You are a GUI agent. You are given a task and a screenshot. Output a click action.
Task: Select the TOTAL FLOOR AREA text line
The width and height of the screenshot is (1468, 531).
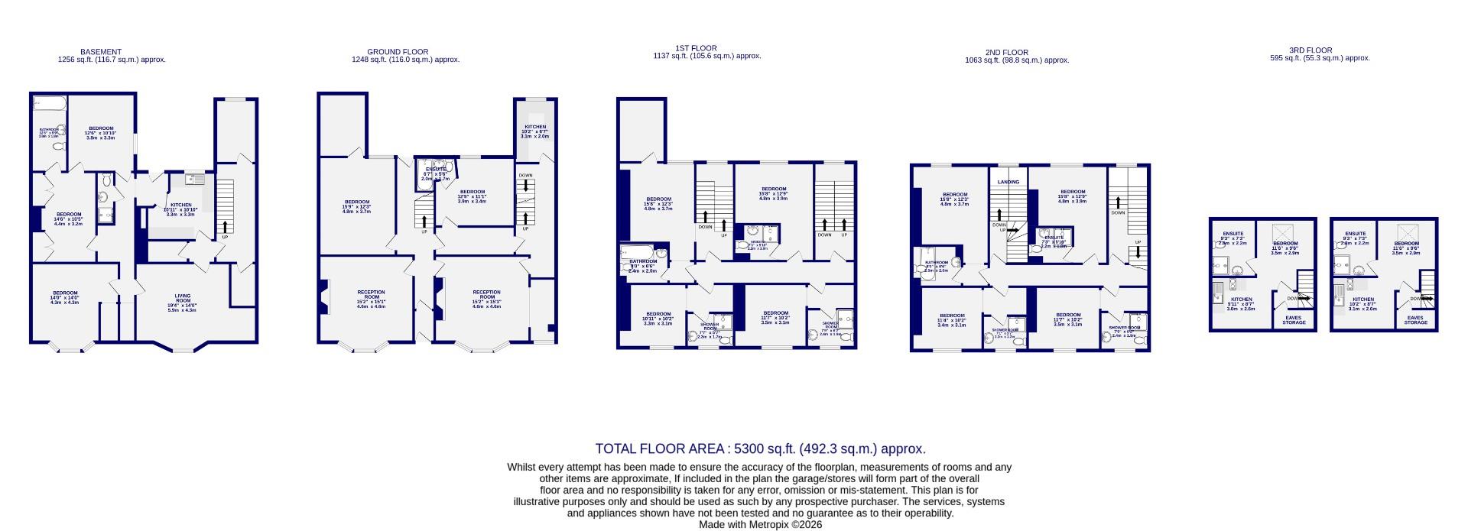click(760, 449)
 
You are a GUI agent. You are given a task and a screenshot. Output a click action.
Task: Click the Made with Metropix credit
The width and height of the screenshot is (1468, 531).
click(760, 525)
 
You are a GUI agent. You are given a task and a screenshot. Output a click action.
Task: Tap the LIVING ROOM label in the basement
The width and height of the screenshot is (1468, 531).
click(182, 299)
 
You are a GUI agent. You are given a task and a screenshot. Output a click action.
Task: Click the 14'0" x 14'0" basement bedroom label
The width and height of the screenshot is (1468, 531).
click(65, 296)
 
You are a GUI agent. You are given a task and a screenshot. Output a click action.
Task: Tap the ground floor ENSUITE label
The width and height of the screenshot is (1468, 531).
click(436, 170)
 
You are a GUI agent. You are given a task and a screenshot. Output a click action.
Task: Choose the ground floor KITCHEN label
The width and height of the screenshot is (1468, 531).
click(534, 127)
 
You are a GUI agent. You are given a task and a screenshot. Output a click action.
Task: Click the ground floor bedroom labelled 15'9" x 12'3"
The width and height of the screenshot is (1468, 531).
click(356, 205)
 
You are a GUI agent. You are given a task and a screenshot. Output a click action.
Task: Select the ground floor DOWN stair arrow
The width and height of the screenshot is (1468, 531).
click(526, 184)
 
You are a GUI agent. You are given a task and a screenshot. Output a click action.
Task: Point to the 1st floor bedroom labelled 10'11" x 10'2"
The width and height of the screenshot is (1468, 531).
click(658, 317)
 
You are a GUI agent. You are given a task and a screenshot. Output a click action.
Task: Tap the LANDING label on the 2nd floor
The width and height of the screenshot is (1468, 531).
click(1008, 182)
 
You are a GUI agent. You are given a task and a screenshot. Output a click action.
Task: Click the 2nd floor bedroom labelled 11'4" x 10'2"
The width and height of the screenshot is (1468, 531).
click(952, 319)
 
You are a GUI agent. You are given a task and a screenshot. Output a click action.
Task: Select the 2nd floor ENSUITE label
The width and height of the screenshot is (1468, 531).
click(1054, 238)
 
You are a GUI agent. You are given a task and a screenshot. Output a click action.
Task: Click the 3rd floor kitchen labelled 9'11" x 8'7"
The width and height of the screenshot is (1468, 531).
click(1240, 302)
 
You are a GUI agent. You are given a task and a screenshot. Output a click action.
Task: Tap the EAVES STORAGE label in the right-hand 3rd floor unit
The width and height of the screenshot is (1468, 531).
click(1415, 320)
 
